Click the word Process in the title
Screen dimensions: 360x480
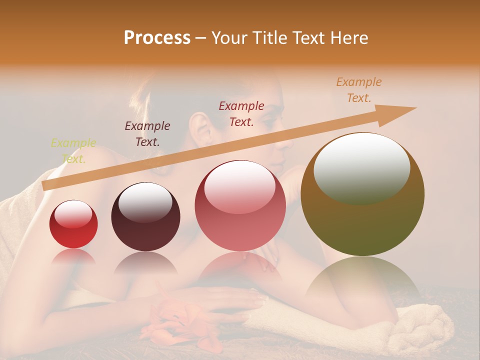click(157, 38)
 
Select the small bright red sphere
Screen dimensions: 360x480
click(73, 224)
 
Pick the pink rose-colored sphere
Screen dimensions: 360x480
click(240, 205)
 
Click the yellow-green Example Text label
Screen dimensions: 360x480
click(73, 151)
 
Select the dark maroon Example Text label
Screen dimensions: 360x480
click(147, 133)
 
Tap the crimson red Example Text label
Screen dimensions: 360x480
click(241, 113)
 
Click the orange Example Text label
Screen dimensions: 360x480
click(359, 90)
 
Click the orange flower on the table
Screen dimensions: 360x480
click(177, 323)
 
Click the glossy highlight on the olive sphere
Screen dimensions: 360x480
click(361, 167)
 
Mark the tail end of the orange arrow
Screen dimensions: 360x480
click(45, 185)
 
